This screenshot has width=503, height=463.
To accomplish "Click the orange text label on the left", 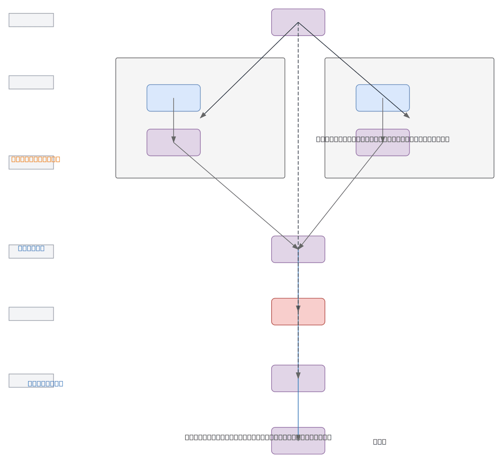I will click(36, 159).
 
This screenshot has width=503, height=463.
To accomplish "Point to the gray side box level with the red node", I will click(31, 314).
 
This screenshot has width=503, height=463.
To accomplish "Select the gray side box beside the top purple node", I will click(31, 20).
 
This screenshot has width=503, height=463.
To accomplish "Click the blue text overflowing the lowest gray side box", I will click(45, 383).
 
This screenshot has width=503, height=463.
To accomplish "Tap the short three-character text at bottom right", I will click(379, 442).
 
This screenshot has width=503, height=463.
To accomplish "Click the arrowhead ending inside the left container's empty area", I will click(202, 116).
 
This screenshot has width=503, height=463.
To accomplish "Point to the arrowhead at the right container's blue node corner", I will click(407, 116).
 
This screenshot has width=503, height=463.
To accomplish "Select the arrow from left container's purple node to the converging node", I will click(235, 195).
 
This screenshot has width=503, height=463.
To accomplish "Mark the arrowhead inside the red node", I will click(298, 309).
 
